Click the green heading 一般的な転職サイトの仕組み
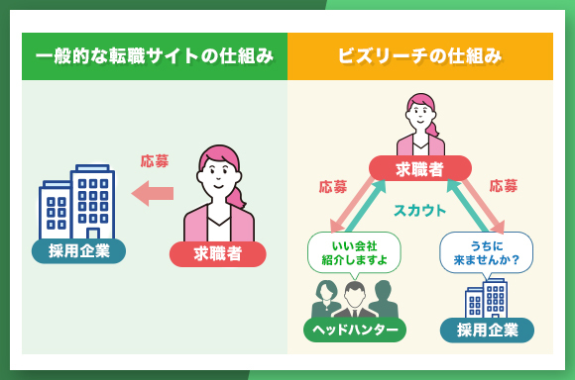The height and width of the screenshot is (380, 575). pos(154,56)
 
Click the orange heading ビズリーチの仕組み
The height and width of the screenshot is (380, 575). pos(420,56)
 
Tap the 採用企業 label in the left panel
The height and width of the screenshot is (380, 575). pos(78,249)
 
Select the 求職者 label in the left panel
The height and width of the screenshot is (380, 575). pos(217,253)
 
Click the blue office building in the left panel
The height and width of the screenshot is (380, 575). pos(78,202)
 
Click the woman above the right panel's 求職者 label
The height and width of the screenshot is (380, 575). pos(420,124)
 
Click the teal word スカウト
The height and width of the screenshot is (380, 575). pos(420,210)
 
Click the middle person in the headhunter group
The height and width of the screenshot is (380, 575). pos(354,301)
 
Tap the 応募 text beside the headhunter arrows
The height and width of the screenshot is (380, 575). pos(333,185)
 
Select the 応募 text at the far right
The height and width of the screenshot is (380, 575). pos(504,185)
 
